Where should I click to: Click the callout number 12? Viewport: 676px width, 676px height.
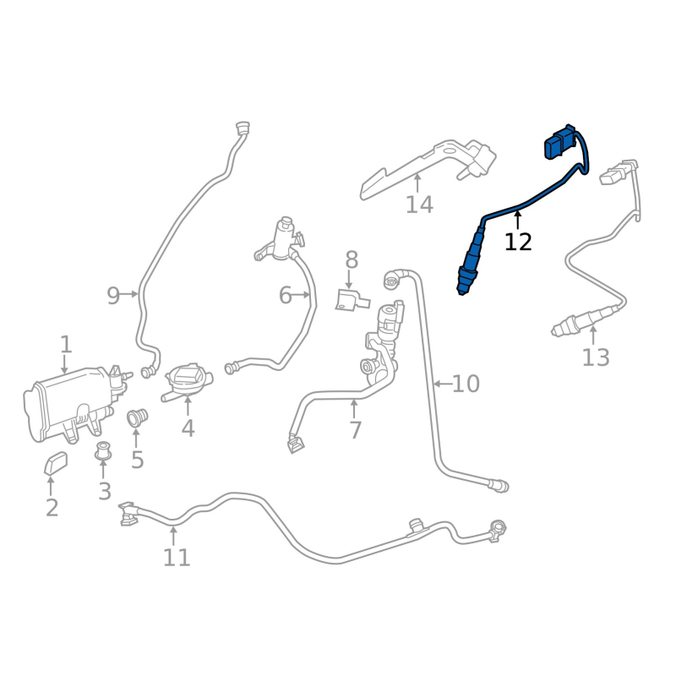pos(518,242)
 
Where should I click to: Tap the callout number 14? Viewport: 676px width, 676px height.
pos(419,204)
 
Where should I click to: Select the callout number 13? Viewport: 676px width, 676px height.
pos(595,357)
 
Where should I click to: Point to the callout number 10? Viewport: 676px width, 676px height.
pos(466,384)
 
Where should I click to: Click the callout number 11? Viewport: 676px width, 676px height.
pos(177,558)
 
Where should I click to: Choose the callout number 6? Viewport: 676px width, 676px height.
pos(286,295)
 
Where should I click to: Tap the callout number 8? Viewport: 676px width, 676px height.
pos(352,259)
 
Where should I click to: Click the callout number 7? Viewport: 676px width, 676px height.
pos(355,430)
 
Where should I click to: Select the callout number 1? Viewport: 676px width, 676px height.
pos(66,344)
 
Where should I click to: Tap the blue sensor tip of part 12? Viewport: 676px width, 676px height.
pos(464,282)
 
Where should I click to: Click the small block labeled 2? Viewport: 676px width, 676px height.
pos(57,462)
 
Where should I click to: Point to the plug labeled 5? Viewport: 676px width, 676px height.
pos(137,417)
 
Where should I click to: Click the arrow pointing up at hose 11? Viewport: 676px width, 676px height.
pos(173,534)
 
